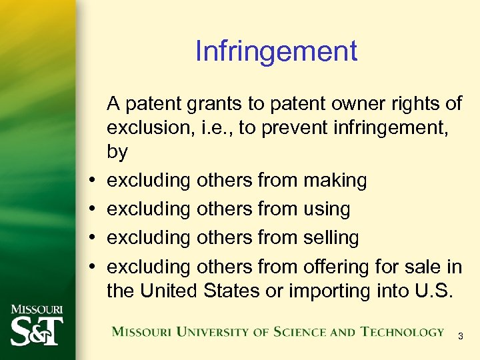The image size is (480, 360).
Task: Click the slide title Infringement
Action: point(276,51)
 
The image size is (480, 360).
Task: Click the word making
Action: point(335,180)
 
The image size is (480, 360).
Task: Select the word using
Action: point(327,209)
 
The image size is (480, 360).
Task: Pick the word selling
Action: point(331,237)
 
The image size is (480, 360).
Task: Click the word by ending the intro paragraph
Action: point(117,152)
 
